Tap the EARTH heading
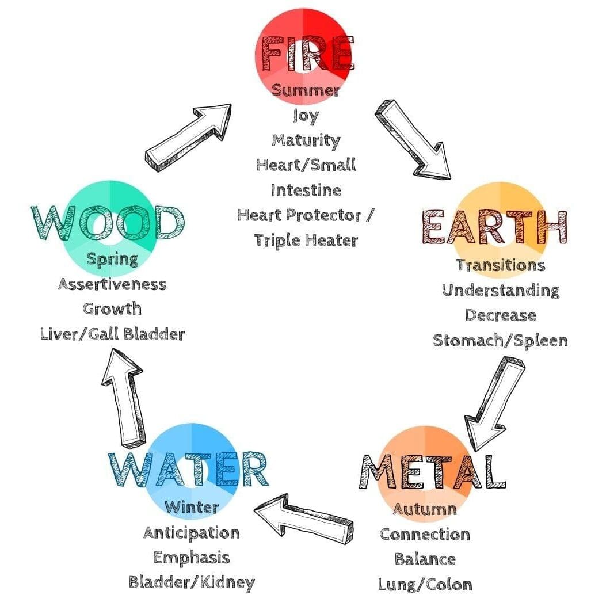(x=494, y=227)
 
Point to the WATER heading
(x=189, y=470)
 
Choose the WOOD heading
(x=107, y=223)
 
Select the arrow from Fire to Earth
(x=412, y=139)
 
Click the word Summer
(x=306, y=91)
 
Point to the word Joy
(x=305, y=116)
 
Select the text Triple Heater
(x=306, y=240)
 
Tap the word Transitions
(x=500, y=265)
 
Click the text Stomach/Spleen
(x=500, y=340)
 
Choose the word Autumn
(x=425, y=509)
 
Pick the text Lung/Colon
(x=425, y=584)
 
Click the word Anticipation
(x=191, y=533)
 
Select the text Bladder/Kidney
(x=191, y=582)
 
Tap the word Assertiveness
(x=112, y=284)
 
